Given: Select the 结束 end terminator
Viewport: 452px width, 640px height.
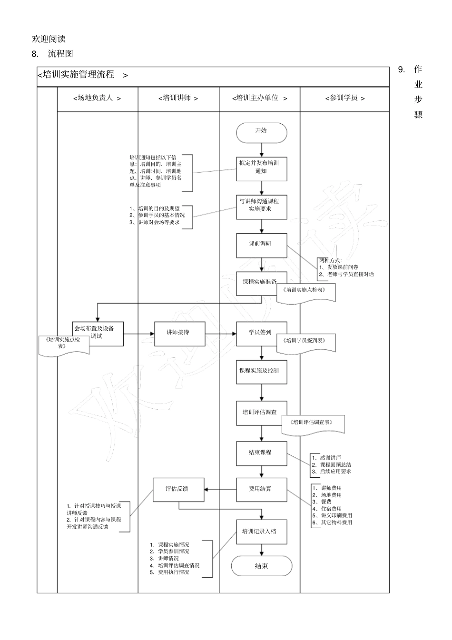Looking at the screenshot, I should pyautogui.click(x=261, y=566).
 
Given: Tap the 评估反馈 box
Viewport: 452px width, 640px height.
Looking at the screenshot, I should pyautogui.click(x=178, y=489).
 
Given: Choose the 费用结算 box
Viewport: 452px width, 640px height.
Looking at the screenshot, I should pyautogui.click(x=262, y=489).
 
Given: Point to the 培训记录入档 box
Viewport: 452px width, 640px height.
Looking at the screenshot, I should pyautogui.click(x=262, y=532).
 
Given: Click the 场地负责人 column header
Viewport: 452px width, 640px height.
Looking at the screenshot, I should pyautogui.click(x=98, y=98).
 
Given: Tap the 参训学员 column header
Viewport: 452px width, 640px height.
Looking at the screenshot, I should pyautogui.click(x=344, y=98).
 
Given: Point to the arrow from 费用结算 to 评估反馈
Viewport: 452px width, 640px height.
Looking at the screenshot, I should pyautogui.click(x=220, y=489).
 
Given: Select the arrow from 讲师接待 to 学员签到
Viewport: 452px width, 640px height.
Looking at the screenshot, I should pyautogui.click(x=221, y=334).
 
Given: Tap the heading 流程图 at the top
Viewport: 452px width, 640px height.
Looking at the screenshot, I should pyautogui.click(x=60, y=54).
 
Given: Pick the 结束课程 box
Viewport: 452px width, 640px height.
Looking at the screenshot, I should pyautogui.click(x=262, y=453).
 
